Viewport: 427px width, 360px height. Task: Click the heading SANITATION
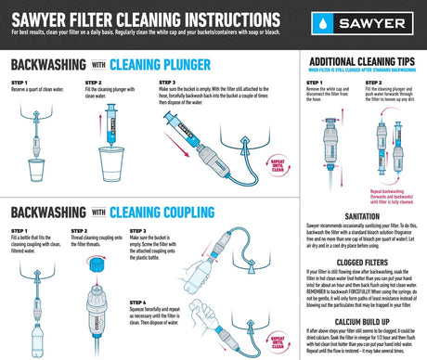click(363, 214)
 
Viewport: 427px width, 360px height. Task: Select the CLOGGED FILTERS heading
click(363, 263)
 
